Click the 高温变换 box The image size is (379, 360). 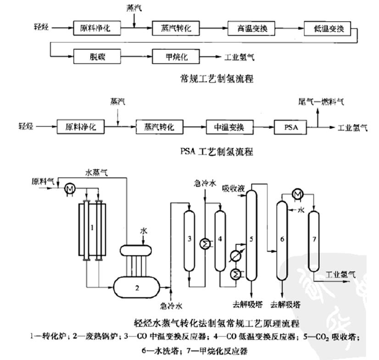[251, 29]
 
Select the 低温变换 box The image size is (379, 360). [328, 29]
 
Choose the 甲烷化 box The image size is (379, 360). [176, 57]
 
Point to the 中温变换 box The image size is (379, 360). [229, 127]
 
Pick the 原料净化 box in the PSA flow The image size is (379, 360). [81, 127]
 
